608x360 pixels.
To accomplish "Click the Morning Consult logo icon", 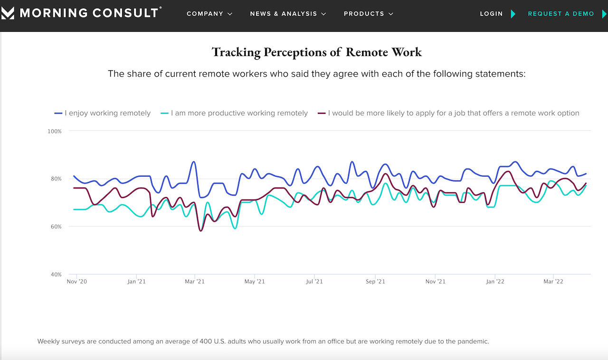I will [8, 13].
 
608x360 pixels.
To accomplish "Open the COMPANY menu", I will [209, 14].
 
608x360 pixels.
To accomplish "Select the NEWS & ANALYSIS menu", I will [288, 14].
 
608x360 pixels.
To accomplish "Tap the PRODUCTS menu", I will [368, 14].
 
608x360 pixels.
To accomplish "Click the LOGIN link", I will [491, 14].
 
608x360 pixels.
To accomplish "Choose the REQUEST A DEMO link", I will [561, 14].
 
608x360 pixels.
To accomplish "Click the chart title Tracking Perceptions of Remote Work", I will [316, 52].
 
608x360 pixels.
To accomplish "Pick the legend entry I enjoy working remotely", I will [107, 113].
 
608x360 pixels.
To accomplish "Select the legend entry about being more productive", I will [239, 113].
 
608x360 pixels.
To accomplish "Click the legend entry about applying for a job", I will [453, 113].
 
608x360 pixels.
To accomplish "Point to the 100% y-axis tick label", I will [55, 131].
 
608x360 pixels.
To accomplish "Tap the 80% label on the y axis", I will [56, 179].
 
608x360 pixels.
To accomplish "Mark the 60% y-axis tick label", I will [56, 227].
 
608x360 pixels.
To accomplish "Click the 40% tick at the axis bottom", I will [56, 275].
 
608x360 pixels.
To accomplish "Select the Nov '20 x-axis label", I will [76, 282].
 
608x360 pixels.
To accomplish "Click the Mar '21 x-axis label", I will [195, 282].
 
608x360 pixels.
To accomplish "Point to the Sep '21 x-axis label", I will [375, 282].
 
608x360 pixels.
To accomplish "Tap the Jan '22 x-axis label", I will [495, 282].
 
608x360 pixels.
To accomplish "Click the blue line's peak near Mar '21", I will [194, 162].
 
